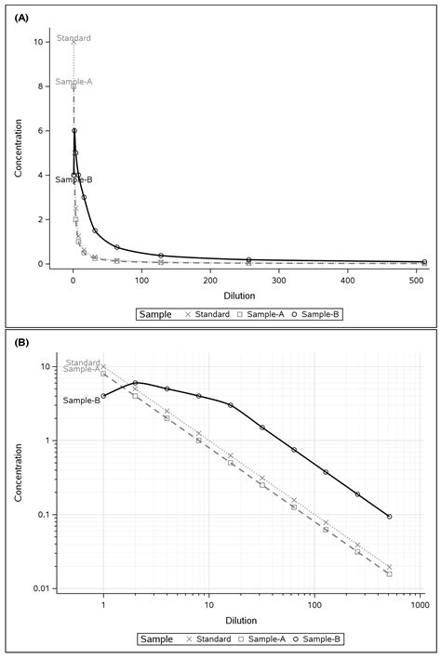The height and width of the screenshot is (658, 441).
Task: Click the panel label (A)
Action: tap(19, 12)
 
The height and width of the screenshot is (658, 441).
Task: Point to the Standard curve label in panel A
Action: tap(73, 38)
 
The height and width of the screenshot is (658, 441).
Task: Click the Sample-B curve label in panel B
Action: tap(81, 400)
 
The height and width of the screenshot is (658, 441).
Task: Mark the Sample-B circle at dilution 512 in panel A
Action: tap(424, 262)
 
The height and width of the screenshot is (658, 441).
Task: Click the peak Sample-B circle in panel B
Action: tap(135, 383)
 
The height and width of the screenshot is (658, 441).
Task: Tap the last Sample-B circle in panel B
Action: tap(389, 517)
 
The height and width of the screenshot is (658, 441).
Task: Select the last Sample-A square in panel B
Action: tap(389, 573)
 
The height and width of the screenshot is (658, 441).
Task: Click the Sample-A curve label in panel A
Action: tap(73, 82)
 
